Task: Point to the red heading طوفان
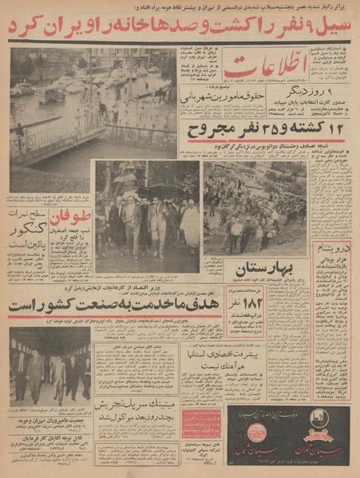tap(73, 216)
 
